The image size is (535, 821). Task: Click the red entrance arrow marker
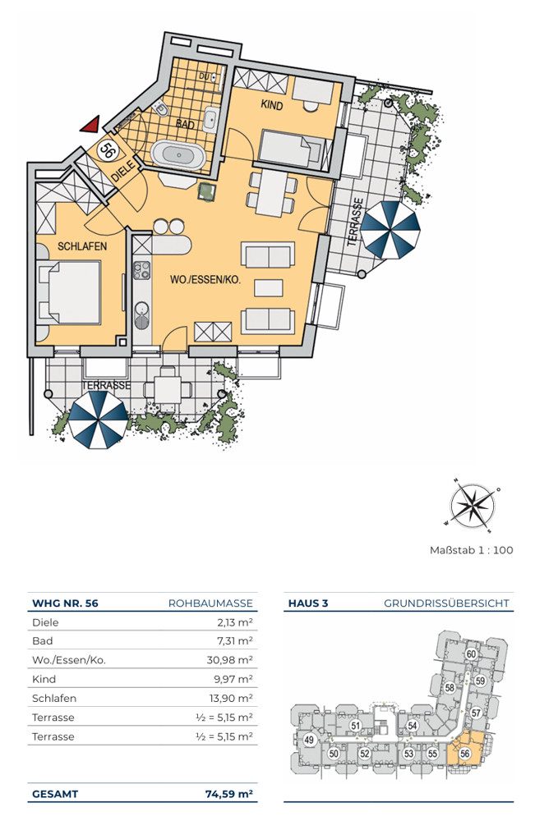(90, 124)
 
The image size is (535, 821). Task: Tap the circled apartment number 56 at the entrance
(108, 150)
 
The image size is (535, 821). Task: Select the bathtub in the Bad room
(178, 154)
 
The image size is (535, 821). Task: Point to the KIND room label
(271, 105)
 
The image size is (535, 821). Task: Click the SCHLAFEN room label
(82, 246)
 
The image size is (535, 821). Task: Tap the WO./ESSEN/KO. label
(205, 280)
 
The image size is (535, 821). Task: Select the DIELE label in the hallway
(123, 172)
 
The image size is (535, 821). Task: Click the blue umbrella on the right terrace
(390, 229)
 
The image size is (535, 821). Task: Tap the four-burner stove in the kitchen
(141, 269)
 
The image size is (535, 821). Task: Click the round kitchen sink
(142, 308)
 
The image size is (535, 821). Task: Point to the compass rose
(472, 505)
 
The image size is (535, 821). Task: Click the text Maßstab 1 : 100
(471, 550)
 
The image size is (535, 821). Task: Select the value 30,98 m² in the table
(229, 660)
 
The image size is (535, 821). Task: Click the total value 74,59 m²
(229, 794)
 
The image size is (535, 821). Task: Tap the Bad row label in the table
(43, 641)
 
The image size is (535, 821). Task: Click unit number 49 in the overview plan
(309, 740)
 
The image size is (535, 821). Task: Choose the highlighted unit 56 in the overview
(464, 754)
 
